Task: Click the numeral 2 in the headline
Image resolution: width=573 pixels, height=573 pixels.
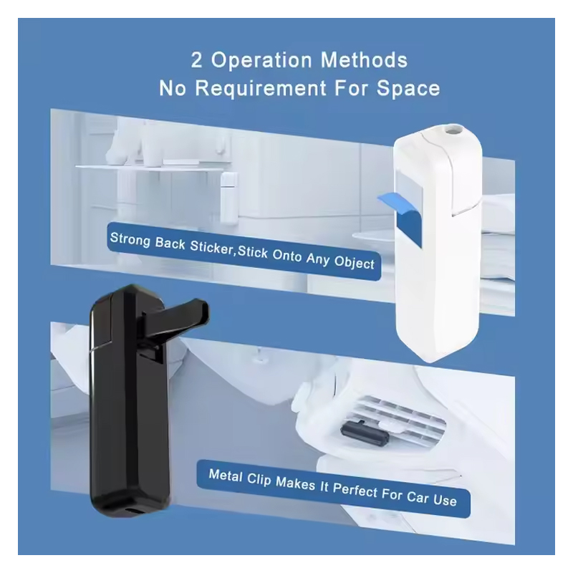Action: click(x=196, y=60)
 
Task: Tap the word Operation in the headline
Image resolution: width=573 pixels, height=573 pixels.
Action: click(x=261, y=60)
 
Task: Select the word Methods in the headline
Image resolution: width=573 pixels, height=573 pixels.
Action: click(x=364, y=60)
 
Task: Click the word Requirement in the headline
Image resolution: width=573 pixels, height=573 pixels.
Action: click(x=261, y=88)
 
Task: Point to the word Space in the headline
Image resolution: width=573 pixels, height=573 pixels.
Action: click(x=408, y=89)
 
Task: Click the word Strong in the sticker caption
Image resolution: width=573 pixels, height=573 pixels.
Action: click(x=130, y=240)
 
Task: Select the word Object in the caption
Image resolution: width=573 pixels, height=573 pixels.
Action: click(x=355, y=262)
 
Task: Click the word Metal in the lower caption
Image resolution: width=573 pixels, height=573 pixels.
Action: click(x=226, y=476)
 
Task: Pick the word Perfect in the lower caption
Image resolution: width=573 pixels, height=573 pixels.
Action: click(x=355, y=490)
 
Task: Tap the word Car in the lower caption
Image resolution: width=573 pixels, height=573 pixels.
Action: click(x=418, y=496)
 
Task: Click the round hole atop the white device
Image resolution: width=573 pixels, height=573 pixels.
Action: click(x=453, y=129)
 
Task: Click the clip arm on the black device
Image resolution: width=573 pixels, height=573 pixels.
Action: click(x=175, y=316)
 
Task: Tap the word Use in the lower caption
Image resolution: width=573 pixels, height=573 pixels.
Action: click(x=445, y=499)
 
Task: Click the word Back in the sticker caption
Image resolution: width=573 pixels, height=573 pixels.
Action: click(x=170, y=244)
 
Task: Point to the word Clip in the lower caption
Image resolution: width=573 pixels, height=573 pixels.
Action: click(x=259, y=479)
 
